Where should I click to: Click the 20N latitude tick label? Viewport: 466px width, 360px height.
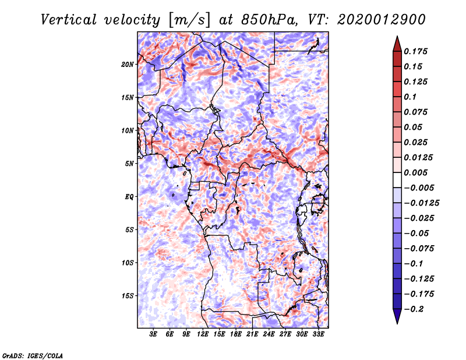pyautogui.click(x=128, y=64)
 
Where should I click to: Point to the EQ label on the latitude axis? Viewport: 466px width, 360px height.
pyautogui.click(x=129, y=196)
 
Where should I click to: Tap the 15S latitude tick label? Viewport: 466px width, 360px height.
pyautogui.click(x=128, y=295)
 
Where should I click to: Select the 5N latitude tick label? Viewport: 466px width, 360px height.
pyautogui.click(x=129, y=163)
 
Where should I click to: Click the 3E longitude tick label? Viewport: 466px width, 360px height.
pyautogui.click(x=154, y=334)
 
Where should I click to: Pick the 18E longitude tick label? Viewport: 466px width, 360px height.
pyautogui.click(x=236, y=334)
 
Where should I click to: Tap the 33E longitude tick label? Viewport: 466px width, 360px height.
pyautogui.click(x=318, y=334)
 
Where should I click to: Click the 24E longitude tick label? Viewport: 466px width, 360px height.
pyautogui.click(x=269, y=334)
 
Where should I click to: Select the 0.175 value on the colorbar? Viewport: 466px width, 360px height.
pyautogui.click(x=418, y=51)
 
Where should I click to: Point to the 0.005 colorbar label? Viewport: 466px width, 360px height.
pyautogui.click(x=418, y=172)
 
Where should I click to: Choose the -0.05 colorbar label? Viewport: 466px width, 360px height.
pyautogui.click(x=416, y=233)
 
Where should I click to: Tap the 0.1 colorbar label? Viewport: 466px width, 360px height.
pyautogui.click(x=411, y=97)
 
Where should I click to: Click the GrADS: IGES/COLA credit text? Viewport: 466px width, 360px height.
pyautogui.click(x=32, y=355)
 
